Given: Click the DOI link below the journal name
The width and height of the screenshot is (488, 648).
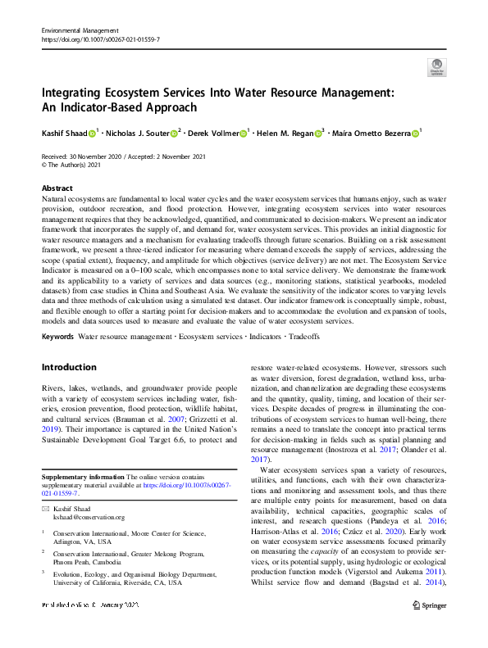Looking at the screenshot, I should pos(100,39).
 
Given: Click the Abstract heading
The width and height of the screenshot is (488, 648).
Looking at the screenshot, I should pos(57,188).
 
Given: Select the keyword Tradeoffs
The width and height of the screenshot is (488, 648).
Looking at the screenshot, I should pos(303,336).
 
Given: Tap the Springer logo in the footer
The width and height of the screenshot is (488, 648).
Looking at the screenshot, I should pos(428,628).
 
